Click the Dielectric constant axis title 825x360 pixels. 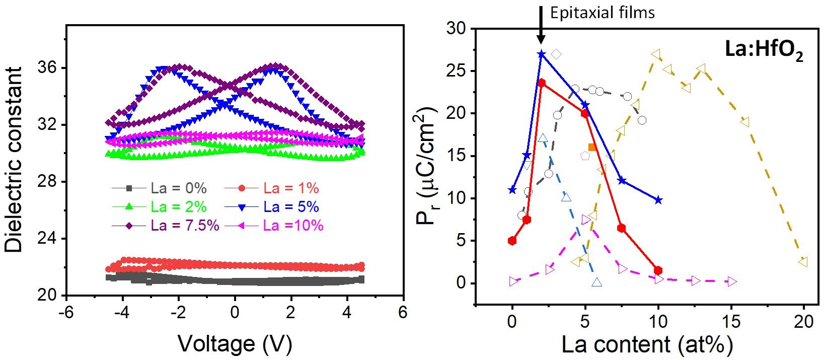(14, 159)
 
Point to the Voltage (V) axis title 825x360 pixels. (235, 343)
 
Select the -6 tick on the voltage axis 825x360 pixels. (66, 312)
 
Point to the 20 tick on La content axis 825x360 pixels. (803, 321)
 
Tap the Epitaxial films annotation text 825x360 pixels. (603, 13)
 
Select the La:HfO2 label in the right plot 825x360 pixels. (763, 51)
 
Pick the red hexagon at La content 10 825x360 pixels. (658, 270)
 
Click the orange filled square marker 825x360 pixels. (592, 147)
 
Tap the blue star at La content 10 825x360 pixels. (658, 200)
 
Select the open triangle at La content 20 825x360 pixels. (803, 261)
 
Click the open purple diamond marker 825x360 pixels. (556, 54)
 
